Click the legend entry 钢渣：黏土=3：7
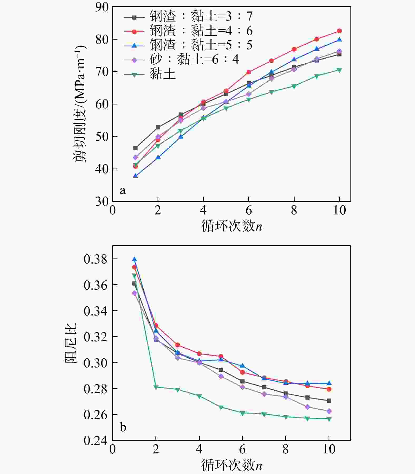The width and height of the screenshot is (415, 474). click(x=188, y=17)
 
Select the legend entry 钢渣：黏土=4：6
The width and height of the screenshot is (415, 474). click(x=188, y=31)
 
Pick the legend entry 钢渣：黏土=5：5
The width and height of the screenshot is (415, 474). click(x=188, y=45)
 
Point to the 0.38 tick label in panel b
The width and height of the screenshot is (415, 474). click(x=96, y=259)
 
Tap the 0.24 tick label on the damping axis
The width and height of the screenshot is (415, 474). click(x=96, y=441)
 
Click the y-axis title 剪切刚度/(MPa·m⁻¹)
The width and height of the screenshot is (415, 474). click(x=80, y=104)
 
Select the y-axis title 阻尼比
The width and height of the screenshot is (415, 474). click(x=71, y=343)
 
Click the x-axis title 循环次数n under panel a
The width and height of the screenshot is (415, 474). click(x=231, y=226)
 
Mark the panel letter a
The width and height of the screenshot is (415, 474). click(x=122, y=190)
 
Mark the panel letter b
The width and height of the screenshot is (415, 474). click(x=123, y=427)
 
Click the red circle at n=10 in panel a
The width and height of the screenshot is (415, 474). click(x=339, y=31)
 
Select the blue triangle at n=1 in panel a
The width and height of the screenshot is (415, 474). click(x=135, y=176)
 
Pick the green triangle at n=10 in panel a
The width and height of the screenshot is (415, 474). click(x=339, y=70)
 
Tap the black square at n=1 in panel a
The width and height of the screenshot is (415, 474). click(x=135, y=148)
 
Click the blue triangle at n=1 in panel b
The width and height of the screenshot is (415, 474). click(x=134, y=259)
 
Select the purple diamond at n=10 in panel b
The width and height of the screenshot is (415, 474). click(x=329, y=411)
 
